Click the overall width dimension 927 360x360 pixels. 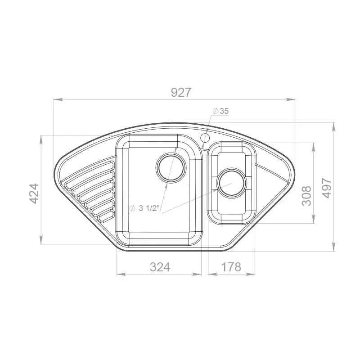[x=181, y=92]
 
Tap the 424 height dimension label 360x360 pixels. [x=34, y=193]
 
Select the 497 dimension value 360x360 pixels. [x=327, y=188]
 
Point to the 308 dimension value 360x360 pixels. [x=306, y=196]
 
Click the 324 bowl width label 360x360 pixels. [x=160, y=267]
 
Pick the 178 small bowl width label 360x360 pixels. [x=231, y=267]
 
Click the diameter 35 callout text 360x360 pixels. [x=221, y=111]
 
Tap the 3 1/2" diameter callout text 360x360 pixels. [x=144, y=208]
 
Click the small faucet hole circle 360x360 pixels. [x=205, y=138]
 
